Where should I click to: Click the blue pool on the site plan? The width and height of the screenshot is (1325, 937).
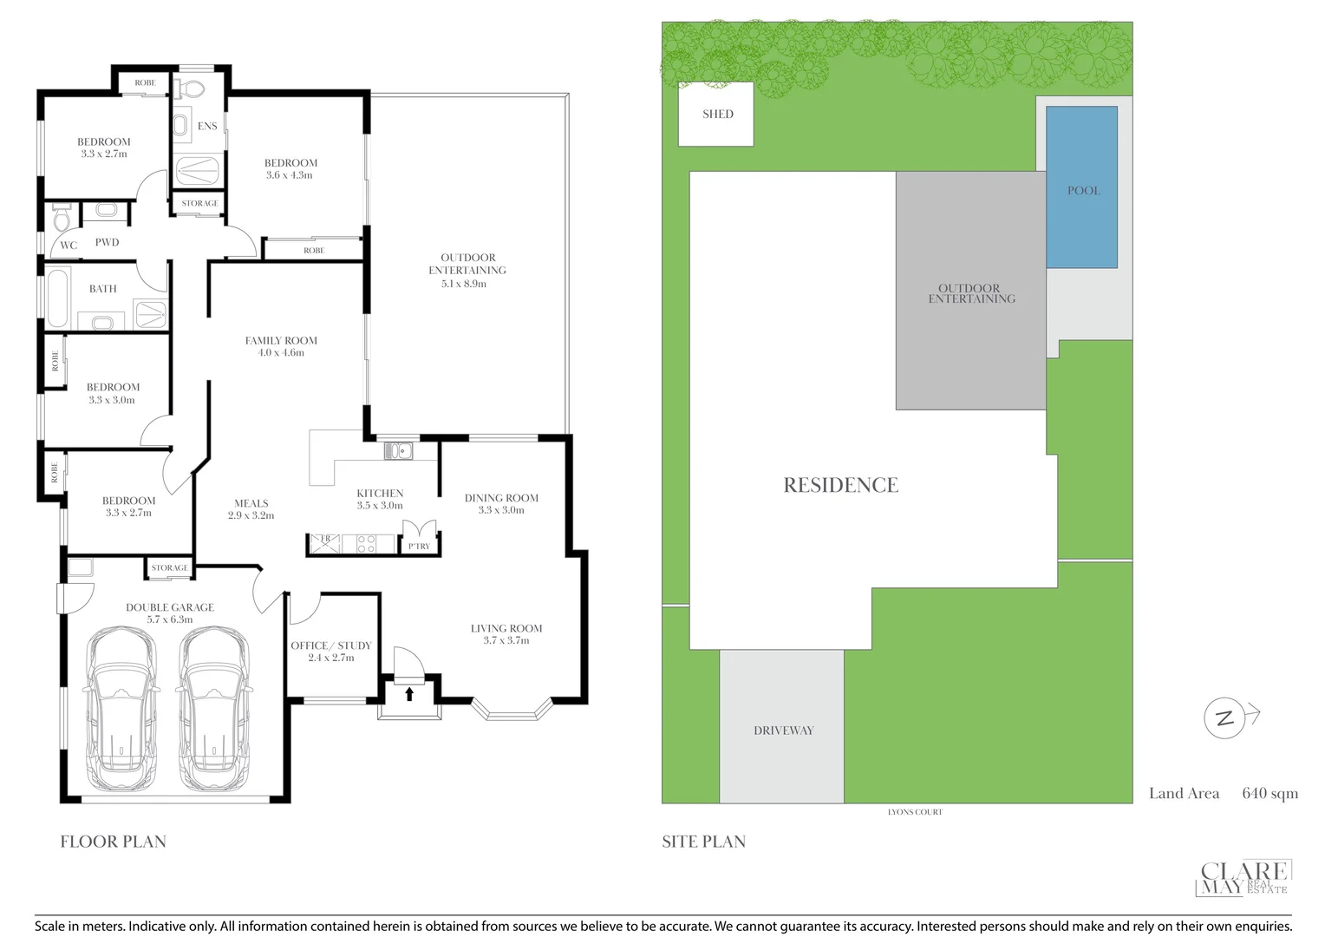point(1081,187)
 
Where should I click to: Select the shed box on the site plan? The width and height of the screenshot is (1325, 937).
point(715,114)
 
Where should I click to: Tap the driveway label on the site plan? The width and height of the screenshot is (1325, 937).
point(783,731)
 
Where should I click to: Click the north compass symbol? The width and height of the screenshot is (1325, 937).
point(1225,718)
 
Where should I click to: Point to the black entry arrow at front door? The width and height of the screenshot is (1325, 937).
point(409,693)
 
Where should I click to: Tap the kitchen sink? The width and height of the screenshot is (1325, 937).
point(399,450)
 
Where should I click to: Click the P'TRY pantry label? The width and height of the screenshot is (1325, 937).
point(419,546)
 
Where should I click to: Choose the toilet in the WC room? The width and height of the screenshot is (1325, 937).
point(62,219)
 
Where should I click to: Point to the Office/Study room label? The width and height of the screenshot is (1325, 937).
point(330,645)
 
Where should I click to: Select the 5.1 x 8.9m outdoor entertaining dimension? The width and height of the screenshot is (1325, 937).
point(464,284)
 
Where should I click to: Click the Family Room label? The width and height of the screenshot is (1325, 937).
point(281,341)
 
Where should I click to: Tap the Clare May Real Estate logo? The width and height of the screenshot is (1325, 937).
point(1243,877)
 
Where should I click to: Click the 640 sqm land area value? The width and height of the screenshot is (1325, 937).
point(1270,793)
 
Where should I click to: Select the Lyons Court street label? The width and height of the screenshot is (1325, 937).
point(914,812)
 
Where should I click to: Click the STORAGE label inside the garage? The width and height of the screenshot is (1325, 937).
point(169,568)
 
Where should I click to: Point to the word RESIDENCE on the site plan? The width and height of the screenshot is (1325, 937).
point(840,485)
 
